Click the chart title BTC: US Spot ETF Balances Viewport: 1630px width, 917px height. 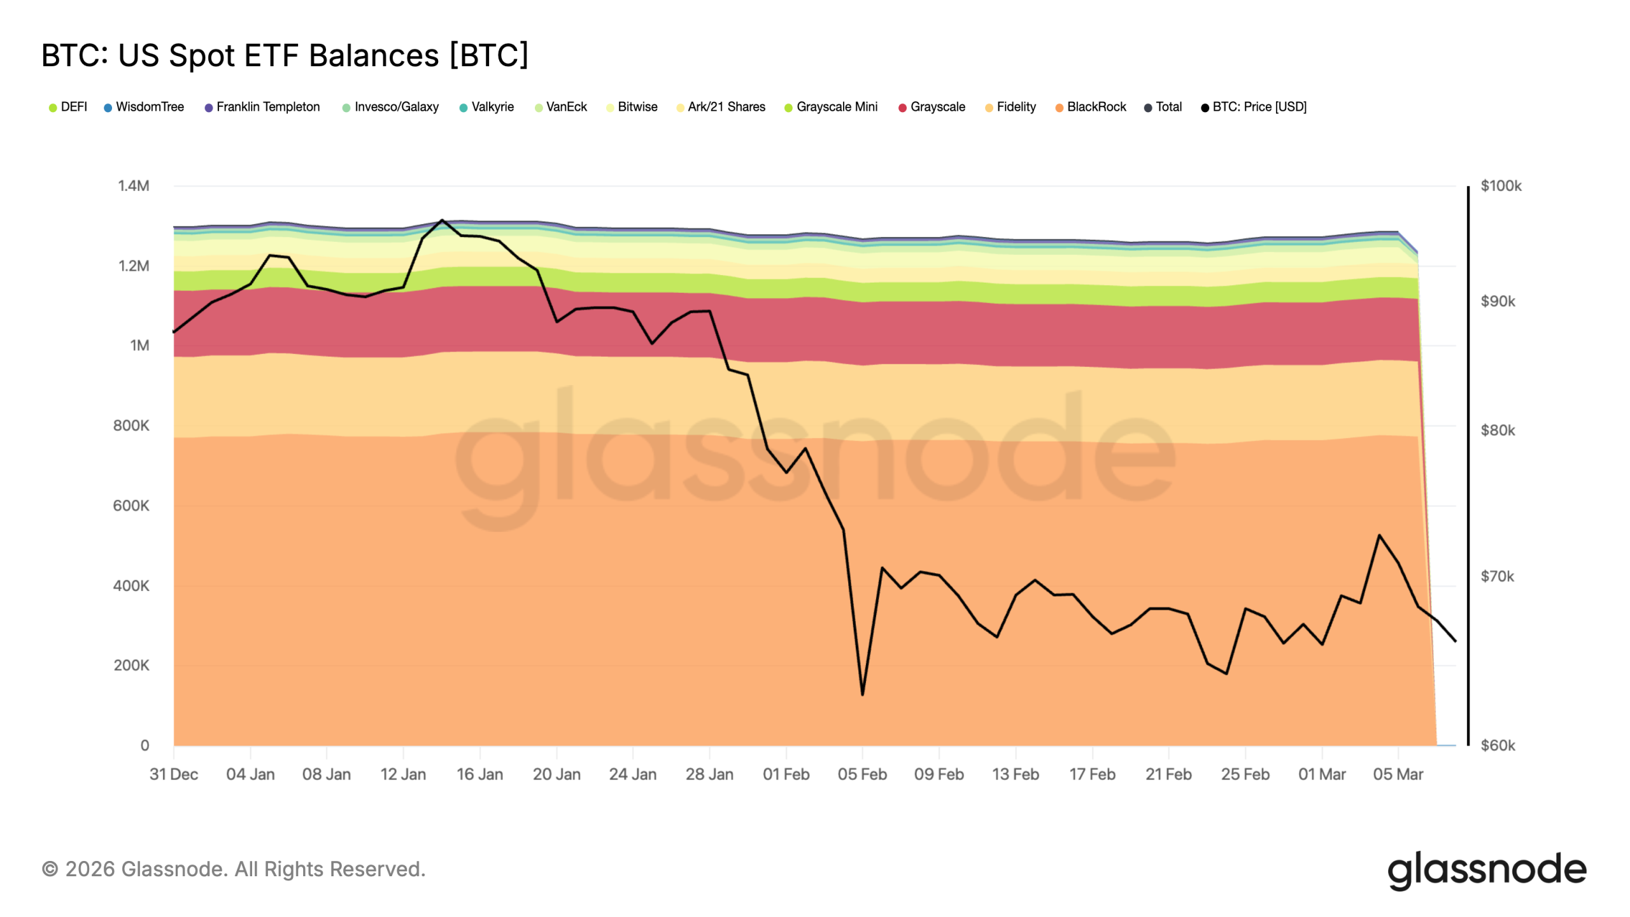pyautogui.click(x=285, y=55)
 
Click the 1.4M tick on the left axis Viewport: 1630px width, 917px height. pyautogui.click(x=134, y=186)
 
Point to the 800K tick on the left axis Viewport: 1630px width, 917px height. pyautogui.click(x=131, y=425)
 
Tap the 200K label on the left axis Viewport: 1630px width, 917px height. pyautogui.click(x=131, y=665)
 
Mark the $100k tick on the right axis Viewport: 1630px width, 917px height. pyautogui.click(x=1501, y=186)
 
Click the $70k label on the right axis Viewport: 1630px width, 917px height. pyautogui.click(x=1497, y=577)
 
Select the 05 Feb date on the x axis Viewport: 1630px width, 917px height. pyautogui.click(x=862, y=774)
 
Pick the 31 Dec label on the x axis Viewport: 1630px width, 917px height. pyautogui.click(x=174, y=774)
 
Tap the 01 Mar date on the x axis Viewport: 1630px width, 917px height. pyautogui.click(x=1322, y=774)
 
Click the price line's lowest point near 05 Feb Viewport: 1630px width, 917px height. pyautogui.click(x=863, y=695)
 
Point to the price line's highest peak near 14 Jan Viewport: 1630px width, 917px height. pyautogui.click(x=442, y=220)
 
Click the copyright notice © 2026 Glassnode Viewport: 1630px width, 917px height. pyautogui.click(x=234, y=869)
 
